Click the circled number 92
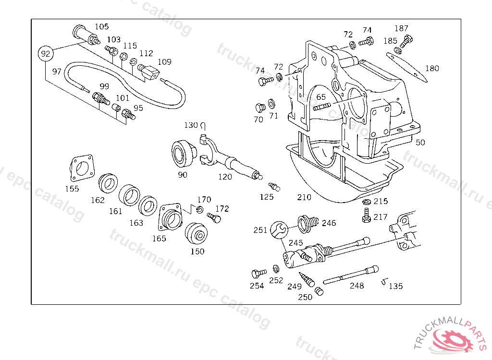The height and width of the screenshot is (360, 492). (45, 54)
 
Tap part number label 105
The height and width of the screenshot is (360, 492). (101, 26)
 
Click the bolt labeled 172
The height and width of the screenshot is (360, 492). (214, 218)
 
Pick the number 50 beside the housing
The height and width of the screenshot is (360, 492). (420, 142)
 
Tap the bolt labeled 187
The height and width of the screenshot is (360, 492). (406, 41)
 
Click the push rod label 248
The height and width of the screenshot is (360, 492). (357, 286)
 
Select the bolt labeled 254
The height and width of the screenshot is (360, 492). (258, 274)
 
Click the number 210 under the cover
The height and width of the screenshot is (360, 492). (304, 197)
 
